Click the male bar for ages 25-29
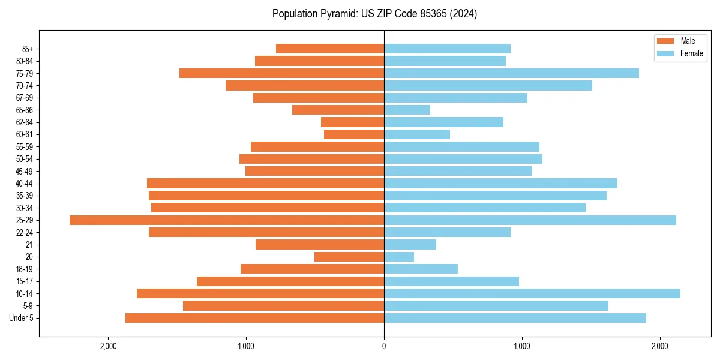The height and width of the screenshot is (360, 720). coord(227,220)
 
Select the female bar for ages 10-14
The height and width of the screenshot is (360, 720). coord(532,293)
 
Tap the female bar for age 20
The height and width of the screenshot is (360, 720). coord(399,257)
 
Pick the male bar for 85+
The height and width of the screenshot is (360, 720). coord(330,49)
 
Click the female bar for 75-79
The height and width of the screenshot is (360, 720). coord(511,73)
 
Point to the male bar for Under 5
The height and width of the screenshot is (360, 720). coord(254,318)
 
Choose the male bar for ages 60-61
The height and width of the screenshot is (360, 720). coord(354,134)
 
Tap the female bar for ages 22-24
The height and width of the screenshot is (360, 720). coord(447,232)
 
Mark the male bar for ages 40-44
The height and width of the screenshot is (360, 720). coord(265,184)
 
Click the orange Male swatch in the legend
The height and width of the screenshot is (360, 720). coord(665,41)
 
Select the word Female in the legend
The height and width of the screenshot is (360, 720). coord(692,53)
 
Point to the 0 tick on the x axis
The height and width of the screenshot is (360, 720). coord(384,346)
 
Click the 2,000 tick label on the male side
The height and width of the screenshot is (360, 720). coord(108,346)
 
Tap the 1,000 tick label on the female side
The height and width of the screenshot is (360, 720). coord(521,346)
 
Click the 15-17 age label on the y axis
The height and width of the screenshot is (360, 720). coord(24,281)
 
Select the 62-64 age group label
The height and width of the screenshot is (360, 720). coord(24,122)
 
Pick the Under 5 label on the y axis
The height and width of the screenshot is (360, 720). coord(22,318)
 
